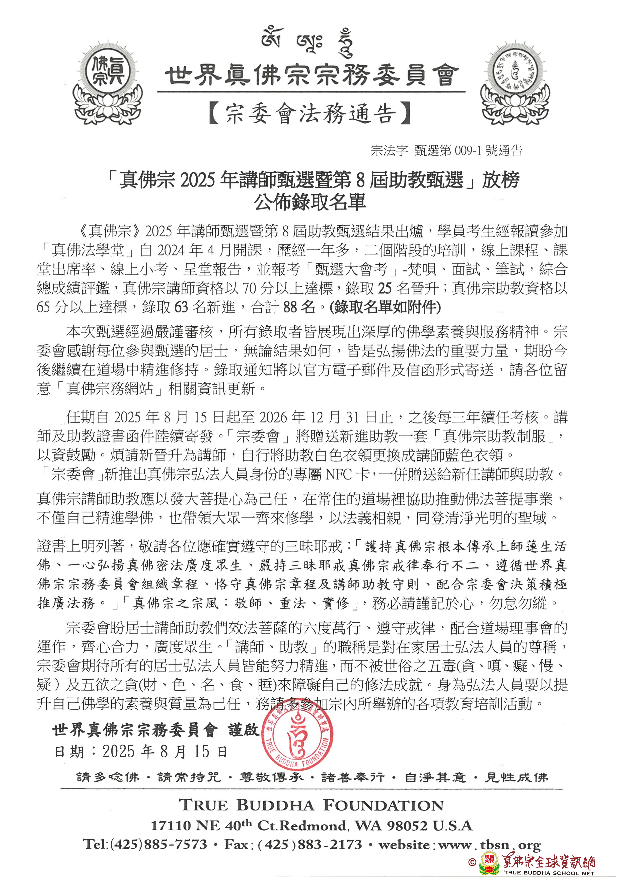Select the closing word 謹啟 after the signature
pyautogui.click(x=244, y=730)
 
